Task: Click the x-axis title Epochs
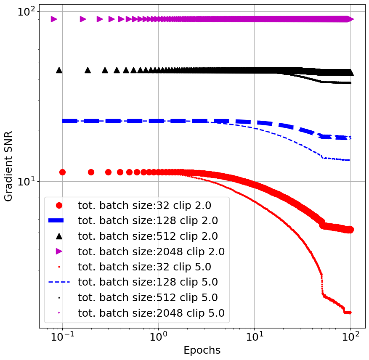tap(202, 350)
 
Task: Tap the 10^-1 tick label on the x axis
tap(62, 338)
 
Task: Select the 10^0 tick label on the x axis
tap(158, 338)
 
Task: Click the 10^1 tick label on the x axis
tap(254, 338)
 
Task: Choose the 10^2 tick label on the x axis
tap(350, 338)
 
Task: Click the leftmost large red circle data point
tap(62, 172)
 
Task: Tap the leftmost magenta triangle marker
tap(54, 19)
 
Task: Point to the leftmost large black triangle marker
tap(59, 70)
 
